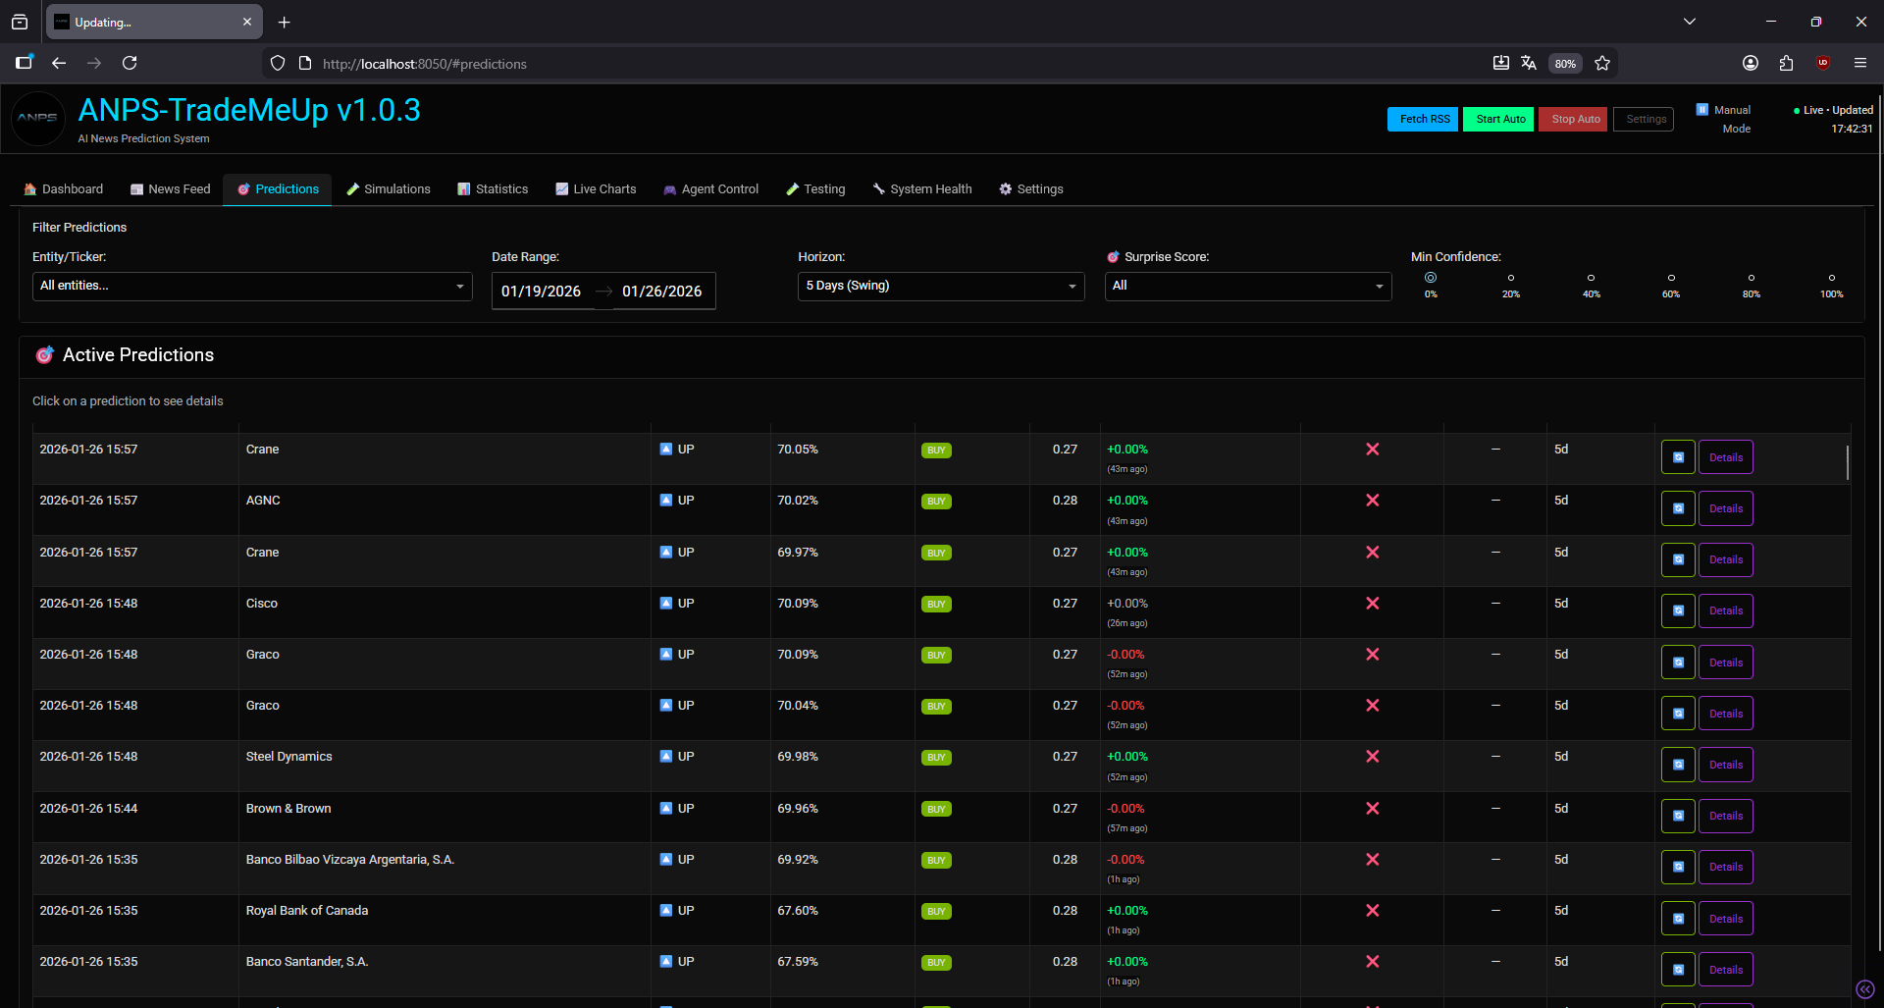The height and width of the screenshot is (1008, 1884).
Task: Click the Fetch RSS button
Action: [x=1423, y=119]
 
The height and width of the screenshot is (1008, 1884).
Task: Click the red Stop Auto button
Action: [x=1573, y=119]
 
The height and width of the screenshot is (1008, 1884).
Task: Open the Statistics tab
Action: [x=493, y=189]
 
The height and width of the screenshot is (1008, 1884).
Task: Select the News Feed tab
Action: [x=171, y=189]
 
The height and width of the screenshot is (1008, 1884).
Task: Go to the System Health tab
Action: [x=922, y=189]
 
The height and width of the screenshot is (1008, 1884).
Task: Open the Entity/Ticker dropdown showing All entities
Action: [x=252, y=286]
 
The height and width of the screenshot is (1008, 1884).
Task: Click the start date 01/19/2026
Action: [x=541, y=292]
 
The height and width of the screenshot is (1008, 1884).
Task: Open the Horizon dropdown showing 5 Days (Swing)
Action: [x=941, y=286]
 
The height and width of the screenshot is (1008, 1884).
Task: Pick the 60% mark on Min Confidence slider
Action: [x=1671, y=278]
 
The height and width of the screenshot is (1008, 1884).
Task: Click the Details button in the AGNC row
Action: [x=1726, y=508]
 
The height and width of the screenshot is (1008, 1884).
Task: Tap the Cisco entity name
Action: [x=262, y=604]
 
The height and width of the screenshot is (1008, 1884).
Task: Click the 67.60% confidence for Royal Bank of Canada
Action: [x=798, y=911]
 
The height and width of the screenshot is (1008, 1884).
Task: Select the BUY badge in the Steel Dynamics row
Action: [x=936, y=758]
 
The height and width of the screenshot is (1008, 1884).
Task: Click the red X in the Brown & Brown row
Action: [x=1373, y=809]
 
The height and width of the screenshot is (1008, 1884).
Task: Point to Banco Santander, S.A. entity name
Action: [x=307, y=962]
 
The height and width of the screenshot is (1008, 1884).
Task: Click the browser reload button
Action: [x=130, y=63]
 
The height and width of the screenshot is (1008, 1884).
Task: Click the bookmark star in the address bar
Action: [x=1602, y=63]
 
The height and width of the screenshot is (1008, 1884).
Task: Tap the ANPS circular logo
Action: [x=38, y=118]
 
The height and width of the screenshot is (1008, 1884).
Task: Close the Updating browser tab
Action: [x=247, y=22]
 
